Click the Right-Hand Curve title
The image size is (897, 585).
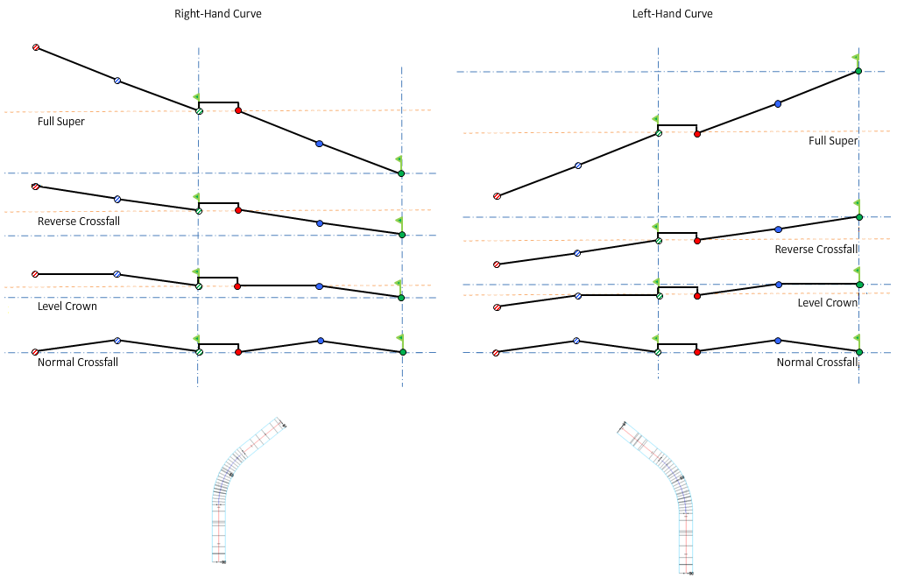[x=218, y=14]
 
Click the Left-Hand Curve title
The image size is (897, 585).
[x=673, y=14]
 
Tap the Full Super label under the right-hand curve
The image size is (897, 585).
[x=61, y=122]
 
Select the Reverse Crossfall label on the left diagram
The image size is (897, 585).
[x=79, y=222]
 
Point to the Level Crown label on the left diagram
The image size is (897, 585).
[x=67, y=307]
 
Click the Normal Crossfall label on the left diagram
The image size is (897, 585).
[x=78, y=362]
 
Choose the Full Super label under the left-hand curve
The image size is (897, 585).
[x=832, y=141]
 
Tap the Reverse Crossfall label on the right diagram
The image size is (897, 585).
[x=816, y=250]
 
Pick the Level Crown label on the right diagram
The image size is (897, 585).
[x=827, y=303]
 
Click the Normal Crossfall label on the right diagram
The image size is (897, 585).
[x=816, y=363]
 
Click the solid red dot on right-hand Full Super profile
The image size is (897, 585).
[x=238, y=110]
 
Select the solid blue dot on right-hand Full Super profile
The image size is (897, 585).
[x=319, y=143]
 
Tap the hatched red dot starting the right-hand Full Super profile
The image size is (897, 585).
[x=36, y=47]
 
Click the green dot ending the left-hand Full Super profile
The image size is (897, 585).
[x=858, y=71]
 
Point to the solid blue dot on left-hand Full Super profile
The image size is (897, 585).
[x=778, y=103]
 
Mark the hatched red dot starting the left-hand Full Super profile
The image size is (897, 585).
[x=497, y=196]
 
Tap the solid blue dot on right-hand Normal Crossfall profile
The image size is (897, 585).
[x=321, y=341]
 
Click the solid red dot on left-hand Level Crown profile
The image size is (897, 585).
[x=697, y=296]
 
